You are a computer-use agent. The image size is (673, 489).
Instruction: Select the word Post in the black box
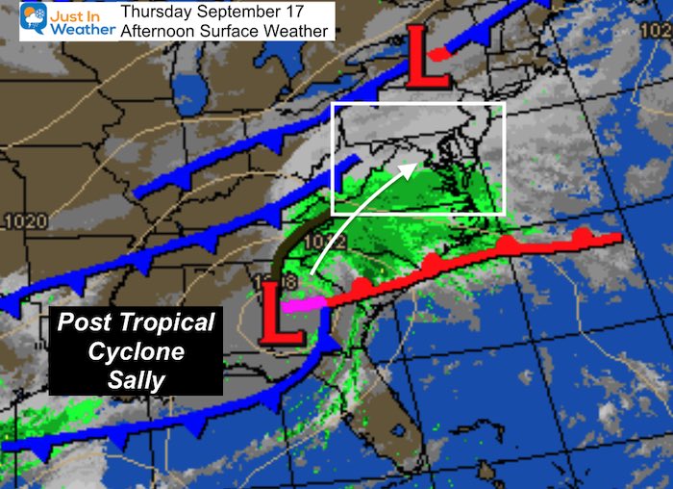83,322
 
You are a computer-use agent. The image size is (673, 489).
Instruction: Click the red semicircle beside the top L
438,55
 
